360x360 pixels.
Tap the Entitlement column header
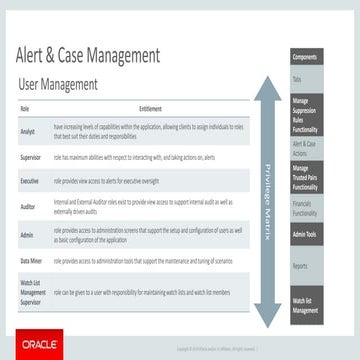coord(151,107)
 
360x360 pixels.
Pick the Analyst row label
coord(28,131)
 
